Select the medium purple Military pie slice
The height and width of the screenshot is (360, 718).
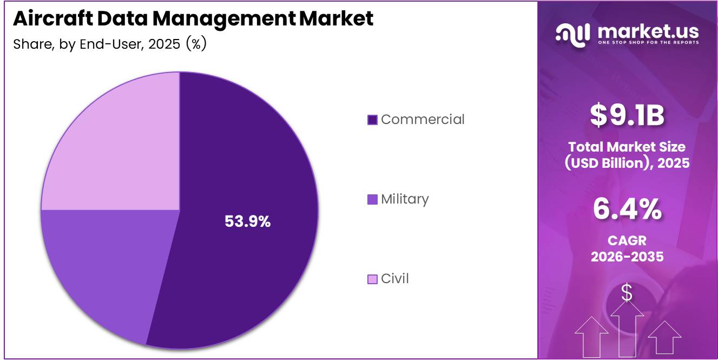coord(103,265)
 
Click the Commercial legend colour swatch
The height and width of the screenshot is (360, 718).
coord(372,120)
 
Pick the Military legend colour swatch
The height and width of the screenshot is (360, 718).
coord(372,199)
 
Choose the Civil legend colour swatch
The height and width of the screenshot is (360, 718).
coord(372,279)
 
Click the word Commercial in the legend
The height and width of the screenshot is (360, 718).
coord(422,119)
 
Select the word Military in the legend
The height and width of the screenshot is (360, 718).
coord(404,199)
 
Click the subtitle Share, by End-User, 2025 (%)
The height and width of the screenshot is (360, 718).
coord(110,44)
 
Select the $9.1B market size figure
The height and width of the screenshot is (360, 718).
coord(627,115)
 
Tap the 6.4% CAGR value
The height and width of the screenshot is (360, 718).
coord(627,209)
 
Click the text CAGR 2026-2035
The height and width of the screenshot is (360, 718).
coord(627,248)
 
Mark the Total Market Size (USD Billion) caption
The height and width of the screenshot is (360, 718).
coord(627,154)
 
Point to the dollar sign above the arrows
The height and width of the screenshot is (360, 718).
coord(627,293)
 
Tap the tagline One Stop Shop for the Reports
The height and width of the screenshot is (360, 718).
coord(648,42)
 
